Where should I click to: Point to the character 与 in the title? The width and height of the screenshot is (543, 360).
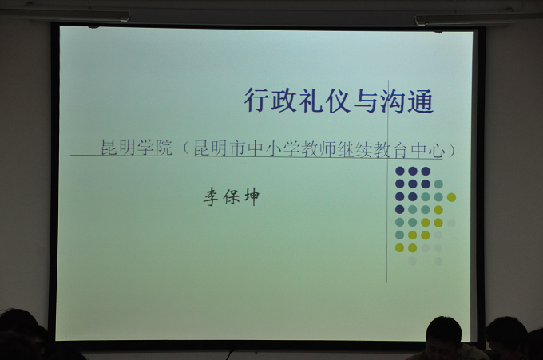pos(366,101)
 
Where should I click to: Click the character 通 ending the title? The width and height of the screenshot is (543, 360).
pos(420,101)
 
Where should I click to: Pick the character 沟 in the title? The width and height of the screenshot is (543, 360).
pos(393,101)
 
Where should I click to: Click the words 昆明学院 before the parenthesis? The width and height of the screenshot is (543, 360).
pos(137,148)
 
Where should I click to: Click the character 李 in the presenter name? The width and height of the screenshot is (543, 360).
pos(211,197)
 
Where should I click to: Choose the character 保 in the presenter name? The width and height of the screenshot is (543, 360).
pos(231,197)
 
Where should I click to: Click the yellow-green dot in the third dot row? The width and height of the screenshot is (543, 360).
pos(451,197)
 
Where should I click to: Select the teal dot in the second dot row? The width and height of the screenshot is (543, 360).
pos(438,184)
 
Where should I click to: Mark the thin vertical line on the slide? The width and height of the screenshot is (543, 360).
pos(387,181)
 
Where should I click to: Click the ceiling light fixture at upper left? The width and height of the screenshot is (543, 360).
pos(65,14)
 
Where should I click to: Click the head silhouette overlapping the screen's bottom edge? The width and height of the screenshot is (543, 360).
pos(445,335)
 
